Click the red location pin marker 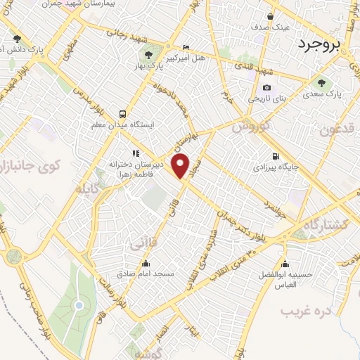(181, 166)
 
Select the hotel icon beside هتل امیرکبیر (185, 47)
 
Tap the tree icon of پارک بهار (148, 55)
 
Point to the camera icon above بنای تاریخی (266, 88)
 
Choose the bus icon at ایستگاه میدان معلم (123, 113)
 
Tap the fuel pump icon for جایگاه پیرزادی (274, 156)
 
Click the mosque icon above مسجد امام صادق (147, 263)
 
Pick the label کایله (92, 188)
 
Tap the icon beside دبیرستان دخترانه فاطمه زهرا (134, 153)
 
